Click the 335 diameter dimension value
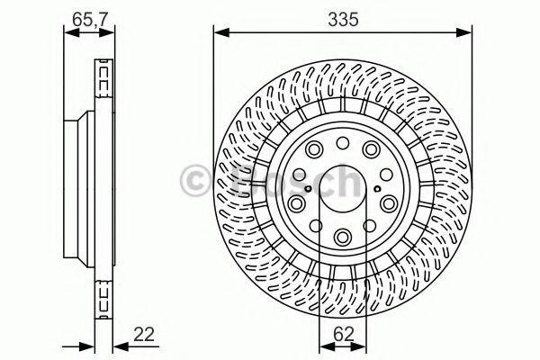[x=343, y=18]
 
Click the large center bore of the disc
[x=343, y=188]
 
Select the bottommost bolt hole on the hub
[x=343, y=237]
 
